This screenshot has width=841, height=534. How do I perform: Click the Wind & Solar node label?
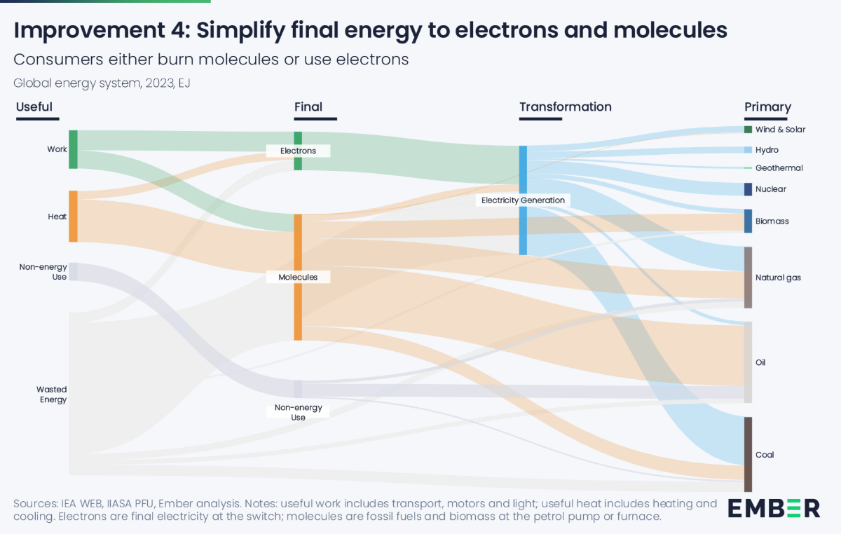pyautogui.click(x=780, y=130)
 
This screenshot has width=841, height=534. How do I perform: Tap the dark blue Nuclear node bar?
pyautogui.click(x=748, y=189)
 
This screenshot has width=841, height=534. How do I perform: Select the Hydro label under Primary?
pyautogui.click(x=767, y=150)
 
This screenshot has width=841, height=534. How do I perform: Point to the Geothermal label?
pyautogui.click(x=779, y=168)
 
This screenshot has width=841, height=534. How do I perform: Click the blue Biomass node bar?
pyautogui.click(x=748, y=221)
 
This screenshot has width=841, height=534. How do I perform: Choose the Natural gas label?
pyautogui.click(x=778, y=278)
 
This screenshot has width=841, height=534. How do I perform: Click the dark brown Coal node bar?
pyautogui.click(x=748, y=454)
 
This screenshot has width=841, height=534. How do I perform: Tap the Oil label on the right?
pyautogui.click(x=760, y=362)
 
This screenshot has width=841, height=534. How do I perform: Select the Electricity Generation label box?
pyautogui.click(x=523, y=200)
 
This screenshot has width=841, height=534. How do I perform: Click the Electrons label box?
pyautogui.click(x=298, y=151)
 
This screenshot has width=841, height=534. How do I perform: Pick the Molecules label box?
pyautogui.click(x=298, y=277)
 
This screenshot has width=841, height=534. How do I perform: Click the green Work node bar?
pyautogui.click(x=73, y=149)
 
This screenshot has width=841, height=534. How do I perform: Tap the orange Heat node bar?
pyautogui.click(x=73, y=216)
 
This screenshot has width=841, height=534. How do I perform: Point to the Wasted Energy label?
pyautogui.click(x=53, y=395)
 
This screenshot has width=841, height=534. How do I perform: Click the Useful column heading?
pyautogui.click(x=34, y=107)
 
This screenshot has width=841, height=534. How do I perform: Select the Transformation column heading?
pyautogui.click(x=565, y=107)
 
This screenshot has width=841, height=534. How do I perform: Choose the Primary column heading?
pyautogui.click(x=767, y=107)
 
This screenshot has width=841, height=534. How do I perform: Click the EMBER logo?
pyautogui.click(x=774, y=507)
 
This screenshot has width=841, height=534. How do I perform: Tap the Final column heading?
pyautogui.click(x=308, y=107)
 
